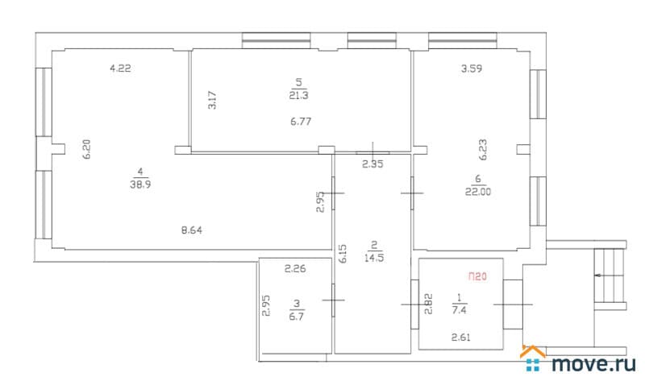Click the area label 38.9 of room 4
(140, 184)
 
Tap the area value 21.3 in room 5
(298, 95)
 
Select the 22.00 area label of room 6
(478, 192)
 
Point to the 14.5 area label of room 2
(374, 258)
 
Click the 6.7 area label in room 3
(297, 317)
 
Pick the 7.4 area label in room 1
(459, 310)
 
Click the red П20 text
(477, 276)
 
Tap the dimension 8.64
(192, 230)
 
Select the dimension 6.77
(301, 122)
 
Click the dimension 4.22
(120, 68)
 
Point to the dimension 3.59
(472, 68)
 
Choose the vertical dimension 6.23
(483, 150)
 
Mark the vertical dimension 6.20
(86, 149)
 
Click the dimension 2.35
(372, 164)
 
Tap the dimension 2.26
(295, 269)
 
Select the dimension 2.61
(460, 338)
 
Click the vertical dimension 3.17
(212, 100)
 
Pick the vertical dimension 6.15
(343, 254)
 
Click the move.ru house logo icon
(533, 358)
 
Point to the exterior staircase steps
(610, 275)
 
